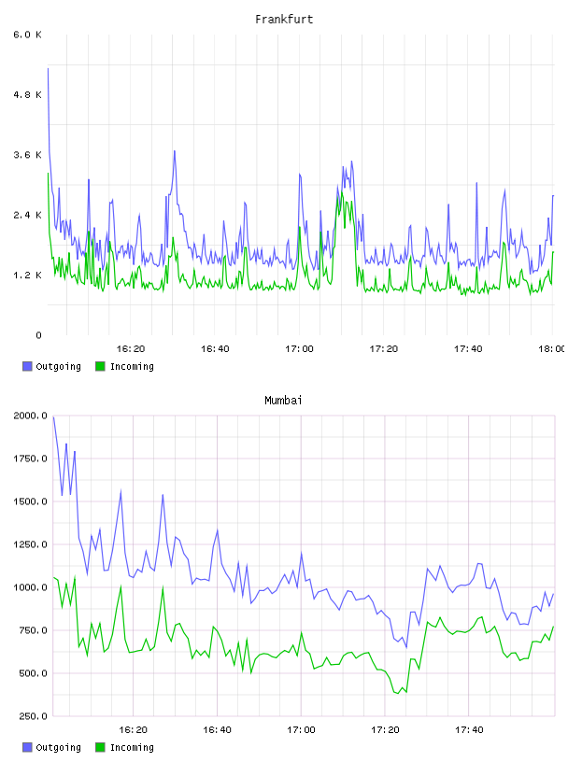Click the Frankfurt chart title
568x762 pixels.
coord(284,20)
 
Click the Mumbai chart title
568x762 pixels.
coord(283,401)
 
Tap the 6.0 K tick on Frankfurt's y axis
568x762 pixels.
coord(28,35)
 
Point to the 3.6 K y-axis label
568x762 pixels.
coord(28,155)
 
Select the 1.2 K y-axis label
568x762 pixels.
coord(28,275)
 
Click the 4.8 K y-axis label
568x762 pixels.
coord(28,94)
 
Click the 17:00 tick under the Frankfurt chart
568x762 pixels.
coord(299,349)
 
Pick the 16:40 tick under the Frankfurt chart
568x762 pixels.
coord(215,349)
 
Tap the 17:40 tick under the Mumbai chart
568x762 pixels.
coord(469,730)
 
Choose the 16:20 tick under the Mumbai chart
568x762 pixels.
coord(134,730)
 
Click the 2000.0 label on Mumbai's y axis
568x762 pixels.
coord(31,416)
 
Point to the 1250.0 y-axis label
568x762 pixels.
coord(31,544)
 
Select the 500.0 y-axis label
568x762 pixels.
coord(34,673)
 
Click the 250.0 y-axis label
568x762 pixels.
coord(34,716)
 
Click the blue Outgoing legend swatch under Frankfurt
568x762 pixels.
coord(27,366)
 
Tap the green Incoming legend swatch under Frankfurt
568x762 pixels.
coord(100,366)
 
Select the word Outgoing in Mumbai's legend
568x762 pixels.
coord(58,747)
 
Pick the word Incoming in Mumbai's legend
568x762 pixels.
coord(132,747)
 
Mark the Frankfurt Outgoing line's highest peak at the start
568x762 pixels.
coord(48,68)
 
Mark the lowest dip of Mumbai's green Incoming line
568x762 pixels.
coord(398,694)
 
